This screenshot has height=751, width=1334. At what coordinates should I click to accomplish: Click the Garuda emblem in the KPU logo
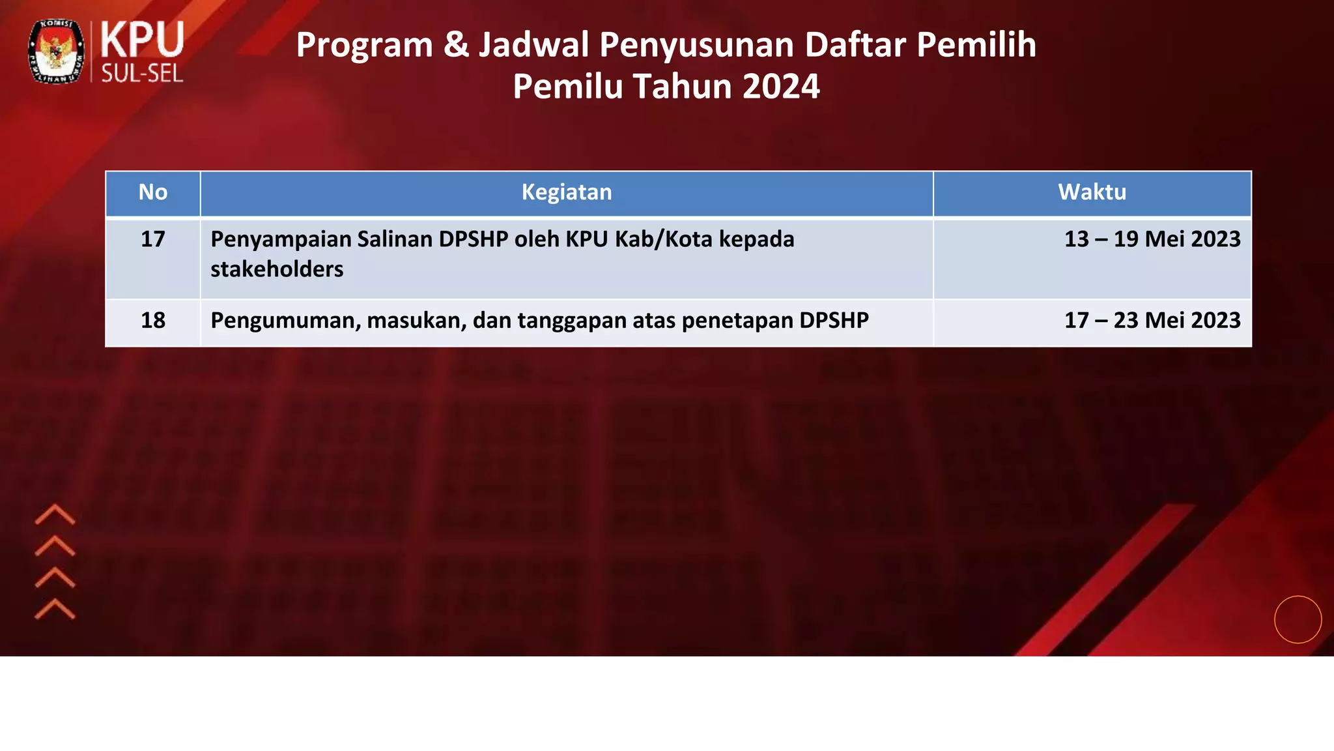(56, 52)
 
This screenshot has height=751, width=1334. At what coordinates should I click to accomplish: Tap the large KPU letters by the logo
(142, 40)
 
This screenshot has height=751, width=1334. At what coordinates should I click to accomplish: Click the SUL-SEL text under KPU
(142, 74)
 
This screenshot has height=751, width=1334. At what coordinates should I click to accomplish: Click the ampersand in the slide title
(456, 45)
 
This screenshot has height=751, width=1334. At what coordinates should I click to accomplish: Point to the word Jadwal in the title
(534, 45)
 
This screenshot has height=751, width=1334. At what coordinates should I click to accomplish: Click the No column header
(153, 192)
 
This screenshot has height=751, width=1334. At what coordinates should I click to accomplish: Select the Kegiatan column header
(567, 192)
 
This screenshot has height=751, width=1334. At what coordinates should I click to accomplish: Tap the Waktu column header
(1092, 192)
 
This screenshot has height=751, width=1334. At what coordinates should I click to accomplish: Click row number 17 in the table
(153, 239)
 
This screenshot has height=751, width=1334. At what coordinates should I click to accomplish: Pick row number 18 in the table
(153, 321)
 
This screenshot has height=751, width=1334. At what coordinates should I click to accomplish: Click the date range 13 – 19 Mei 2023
(1152, 239)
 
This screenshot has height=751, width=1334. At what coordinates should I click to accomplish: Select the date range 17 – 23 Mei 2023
(1152, 321)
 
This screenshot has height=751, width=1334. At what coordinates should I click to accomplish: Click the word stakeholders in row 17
(277, 269)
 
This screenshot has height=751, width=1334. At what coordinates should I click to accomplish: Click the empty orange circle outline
(1298, 619)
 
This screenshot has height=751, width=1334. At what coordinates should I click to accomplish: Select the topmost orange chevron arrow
(55, 514)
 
